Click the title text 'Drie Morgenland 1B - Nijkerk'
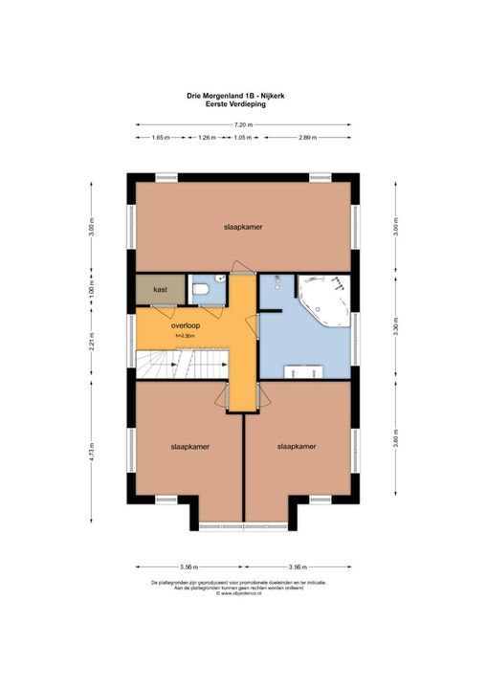pyautogui.click(x=242, y=96)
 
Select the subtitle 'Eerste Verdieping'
pyautogui.click(x=242, y=103)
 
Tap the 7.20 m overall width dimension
pyautogui.click(x=242, y=124)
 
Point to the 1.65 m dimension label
pyautogui.click(x=161, y=138)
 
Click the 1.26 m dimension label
pyautogui.click(x=206, y=138)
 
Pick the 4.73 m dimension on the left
pyautogui.click(x=92, y=451)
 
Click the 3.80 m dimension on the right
pyautogui.click(x=395, y=442)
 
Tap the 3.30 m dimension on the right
pyautogui.click(x=395, y=325)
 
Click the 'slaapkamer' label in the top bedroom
pyautogui.click(x=243, y=227)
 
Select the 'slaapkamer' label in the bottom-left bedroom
pyautogui.click(x=190, y=446)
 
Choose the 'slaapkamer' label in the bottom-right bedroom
pyautogui.click(x=297, y=446)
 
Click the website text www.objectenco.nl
pyautogui.click(x=242, y=593)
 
